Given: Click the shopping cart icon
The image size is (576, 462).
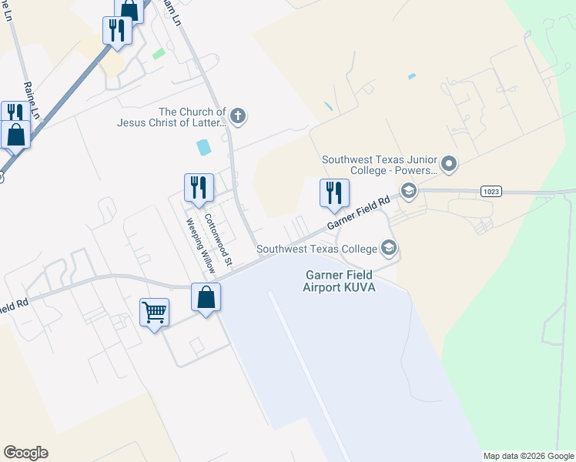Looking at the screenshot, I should click(154, 313).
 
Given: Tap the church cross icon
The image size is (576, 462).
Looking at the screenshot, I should click(239, 116).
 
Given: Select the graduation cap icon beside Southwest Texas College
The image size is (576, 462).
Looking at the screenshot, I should click(390, 248).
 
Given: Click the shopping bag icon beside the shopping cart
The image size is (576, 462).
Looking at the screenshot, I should click(206, 296).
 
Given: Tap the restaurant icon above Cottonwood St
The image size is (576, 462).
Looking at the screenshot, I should click(198, 186).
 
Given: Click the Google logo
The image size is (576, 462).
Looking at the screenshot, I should click(25, 453).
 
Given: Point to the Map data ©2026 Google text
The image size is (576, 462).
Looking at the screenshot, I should click(528, 456).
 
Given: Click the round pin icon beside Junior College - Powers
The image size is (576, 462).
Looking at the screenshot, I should click(450, 164).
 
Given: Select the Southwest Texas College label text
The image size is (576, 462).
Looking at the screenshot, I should click(316, 249).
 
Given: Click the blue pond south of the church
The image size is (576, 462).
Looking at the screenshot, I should click(203, 146).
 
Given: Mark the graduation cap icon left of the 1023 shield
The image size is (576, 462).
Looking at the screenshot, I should click(408, 191).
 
